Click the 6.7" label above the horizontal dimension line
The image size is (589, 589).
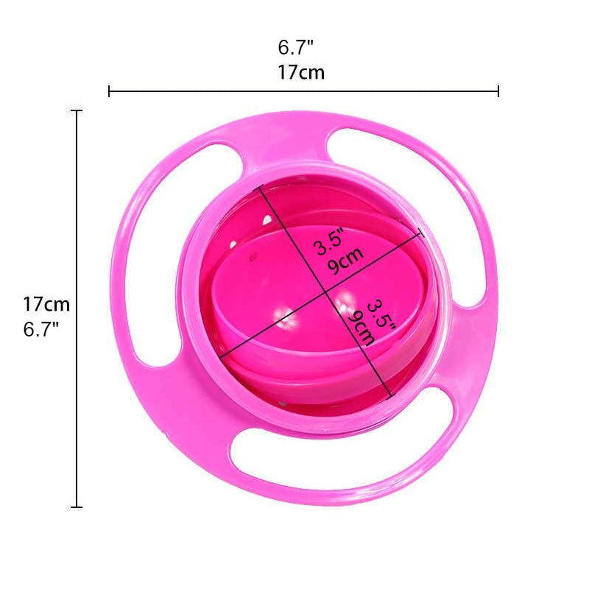click(x=296, y=49)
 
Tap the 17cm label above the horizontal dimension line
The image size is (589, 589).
click(x=301, y=73)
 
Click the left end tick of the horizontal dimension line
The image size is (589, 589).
click(x=109, y=91)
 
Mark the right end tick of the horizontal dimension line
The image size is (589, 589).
click(x=498, y=91)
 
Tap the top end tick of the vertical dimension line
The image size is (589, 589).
click(x=77, y=110)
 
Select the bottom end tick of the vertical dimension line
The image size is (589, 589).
click(x=77, y=507)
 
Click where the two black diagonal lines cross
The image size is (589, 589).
click(x=326, y=294)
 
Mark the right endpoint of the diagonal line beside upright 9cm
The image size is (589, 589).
click(x=421, y=233)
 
